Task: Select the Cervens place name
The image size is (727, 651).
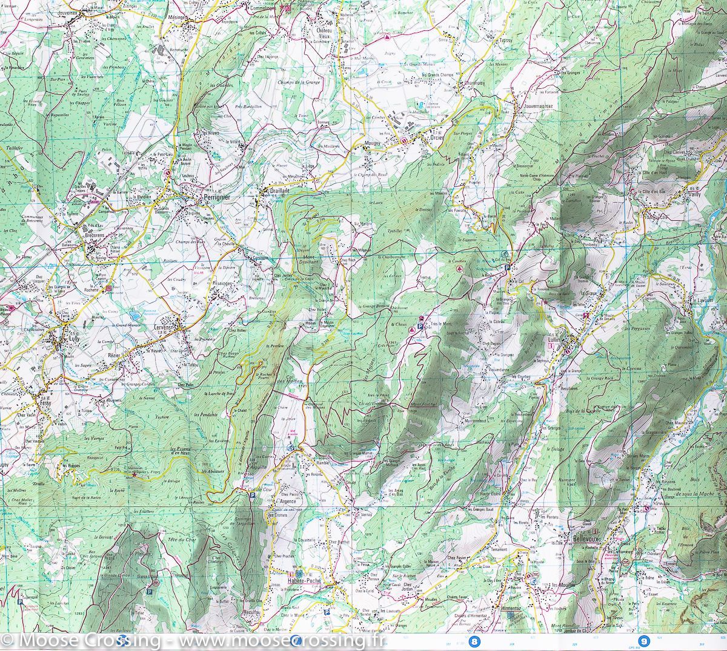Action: click(164, 327)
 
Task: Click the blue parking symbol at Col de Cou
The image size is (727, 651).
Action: click(253, 495)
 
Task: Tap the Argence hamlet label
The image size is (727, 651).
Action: click(287, 502)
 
